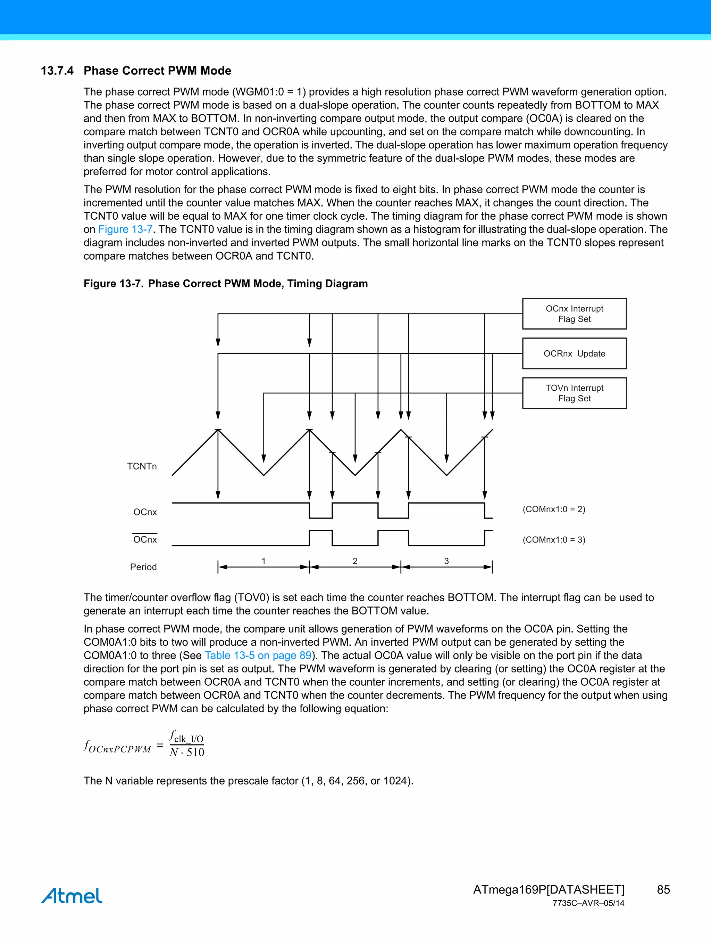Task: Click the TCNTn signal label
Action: [x=142, y=466]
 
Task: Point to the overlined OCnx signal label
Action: [x=145, y=539]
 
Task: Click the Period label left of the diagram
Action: [x=143, y=567]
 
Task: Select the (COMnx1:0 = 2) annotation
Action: [x=554, y=509]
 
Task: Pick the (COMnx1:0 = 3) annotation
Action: [x=554, y=539]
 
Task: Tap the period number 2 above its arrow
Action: [x=355, y=561]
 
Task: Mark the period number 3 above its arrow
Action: [x=446, y=561]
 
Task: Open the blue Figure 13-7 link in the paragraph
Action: [x=125, y=229]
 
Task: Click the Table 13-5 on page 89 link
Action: [x=258, y=655]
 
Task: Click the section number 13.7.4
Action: [x=57, y=71]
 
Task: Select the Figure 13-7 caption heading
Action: [x=225, y=284]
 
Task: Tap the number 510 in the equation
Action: [x=195, y=752]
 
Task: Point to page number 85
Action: [x=663, y=889]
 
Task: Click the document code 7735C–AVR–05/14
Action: [x=588, y=903]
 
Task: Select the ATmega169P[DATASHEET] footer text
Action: [x=549, y=889]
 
